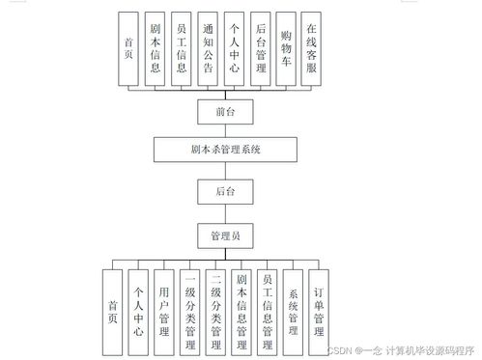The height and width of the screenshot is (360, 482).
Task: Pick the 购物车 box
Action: pos(285,48)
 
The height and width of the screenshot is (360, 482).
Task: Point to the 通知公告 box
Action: pos(207,48)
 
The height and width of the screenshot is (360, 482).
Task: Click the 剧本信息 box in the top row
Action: pos(155,48)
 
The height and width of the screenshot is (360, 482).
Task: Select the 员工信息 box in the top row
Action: pos(181,48)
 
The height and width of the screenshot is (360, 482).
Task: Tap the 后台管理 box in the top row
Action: pos(259,48)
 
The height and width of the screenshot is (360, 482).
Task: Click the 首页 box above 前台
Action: pos(128,48)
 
